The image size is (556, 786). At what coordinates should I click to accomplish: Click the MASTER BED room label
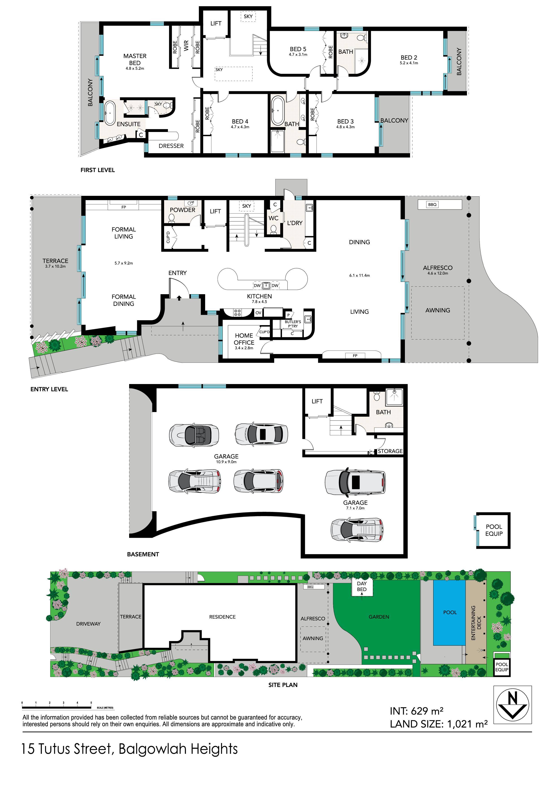coord(135,59)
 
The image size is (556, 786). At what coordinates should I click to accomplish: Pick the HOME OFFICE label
coord(244,339)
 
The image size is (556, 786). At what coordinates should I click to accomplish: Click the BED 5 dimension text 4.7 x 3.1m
coord(298,54)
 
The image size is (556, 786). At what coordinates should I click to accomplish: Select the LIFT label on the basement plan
coord(317,401)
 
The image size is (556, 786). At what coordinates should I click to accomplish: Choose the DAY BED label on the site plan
coord(362,586)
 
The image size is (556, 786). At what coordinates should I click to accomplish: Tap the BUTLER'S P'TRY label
coord(293,324)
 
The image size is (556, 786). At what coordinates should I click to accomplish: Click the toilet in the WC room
coord(273,229)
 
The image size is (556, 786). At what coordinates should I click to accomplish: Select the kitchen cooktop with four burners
coord(237,313)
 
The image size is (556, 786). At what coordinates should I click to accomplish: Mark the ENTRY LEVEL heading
coord(49,389)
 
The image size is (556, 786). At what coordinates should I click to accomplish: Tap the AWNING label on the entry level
coord(437,310)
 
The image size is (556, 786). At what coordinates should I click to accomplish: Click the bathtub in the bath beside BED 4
coord(278,111)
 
